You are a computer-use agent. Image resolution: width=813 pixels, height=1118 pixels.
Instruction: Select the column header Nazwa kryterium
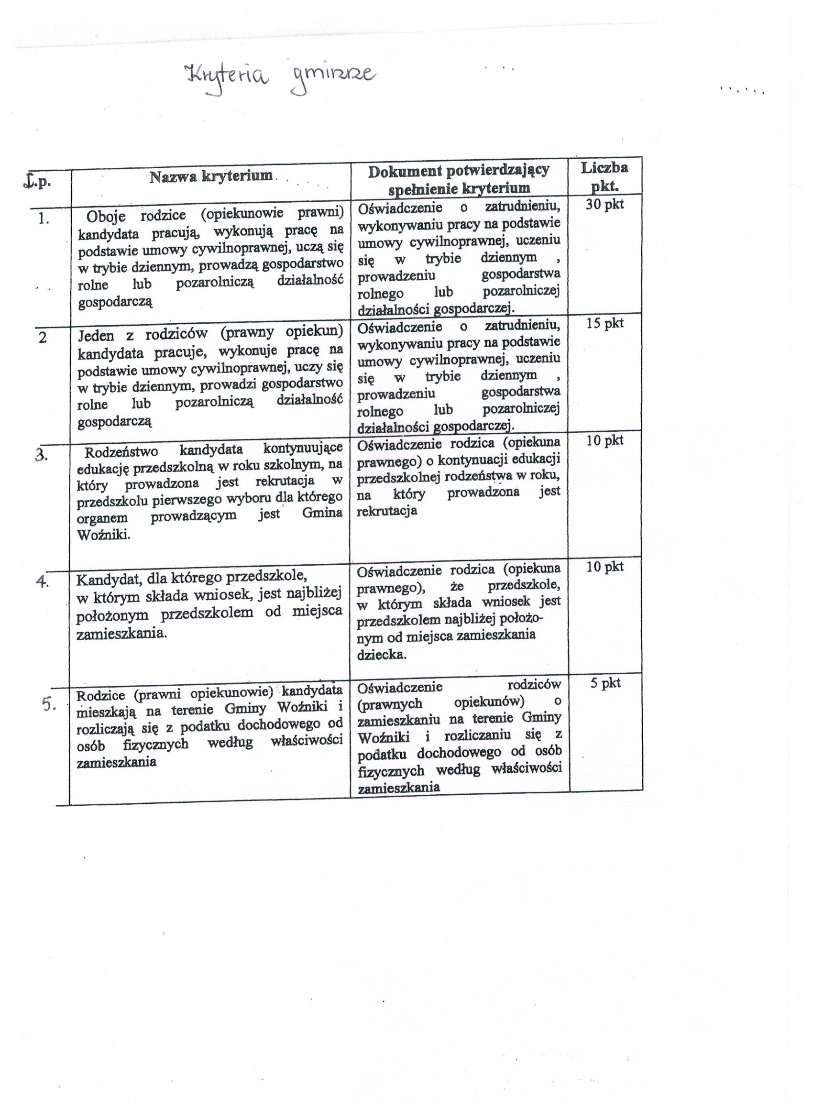click(211, 176)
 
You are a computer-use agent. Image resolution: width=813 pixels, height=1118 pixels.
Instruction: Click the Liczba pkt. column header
click(604, 176)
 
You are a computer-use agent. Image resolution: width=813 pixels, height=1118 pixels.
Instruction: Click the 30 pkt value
click(604, 205)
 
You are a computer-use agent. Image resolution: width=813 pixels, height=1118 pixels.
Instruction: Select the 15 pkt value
click(604, 323)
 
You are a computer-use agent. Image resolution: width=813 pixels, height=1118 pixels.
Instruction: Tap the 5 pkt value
click(605, 683)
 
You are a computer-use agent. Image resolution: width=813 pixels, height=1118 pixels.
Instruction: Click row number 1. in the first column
click(44, 219)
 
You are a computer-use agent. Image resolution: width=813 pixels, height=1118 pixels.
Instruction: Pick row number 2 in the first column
click(43, 338)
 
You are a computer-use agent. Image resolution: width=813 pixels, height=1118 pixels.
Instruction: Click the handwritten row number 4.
click(43, 581)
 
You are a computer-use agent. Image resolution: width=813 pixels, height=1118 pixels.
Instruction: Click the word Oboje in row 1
click(106, 216)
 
